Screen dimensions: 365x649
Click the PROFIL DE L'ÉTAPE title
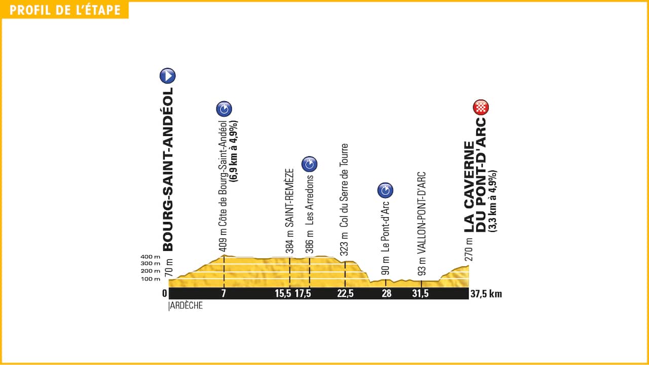(65, 10)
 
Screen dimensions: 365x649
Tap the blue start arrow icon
(167, 76)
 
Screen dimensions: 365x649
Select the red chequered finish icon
(481, 107)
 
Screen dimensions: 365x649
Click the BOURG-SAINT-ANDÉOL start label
(167, 170)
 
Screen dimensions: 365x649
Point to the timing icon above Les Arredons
(309, 164)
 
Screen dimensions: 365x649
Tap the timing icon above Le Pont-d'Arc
(385, 190)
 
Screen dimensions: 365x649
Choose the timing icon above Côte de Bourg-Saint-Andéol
(224, 109)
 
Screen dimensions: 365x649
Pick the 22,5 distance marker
(345, 294)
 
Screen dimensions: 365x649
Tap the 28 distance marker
(386, 294)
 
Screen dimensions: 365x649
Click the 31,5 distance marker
(421, 294)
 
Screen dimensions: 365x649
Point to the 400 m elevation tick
(151, 257)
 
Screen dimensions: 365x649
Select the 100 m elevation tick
(151, 279)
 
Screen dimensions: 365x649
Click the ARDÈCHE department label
(186, 306)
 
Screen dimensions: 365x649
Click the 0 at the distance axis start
(164, 294)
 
